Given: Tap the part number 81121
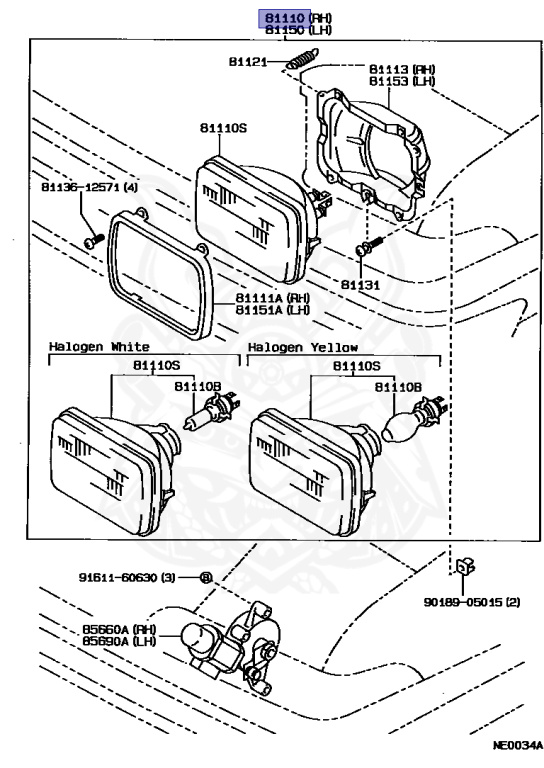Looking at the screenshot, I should pyautogui.click(x=248, y=63).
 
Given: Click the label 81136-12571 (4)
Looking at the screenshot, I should pyautogui.click(x=90, y=187).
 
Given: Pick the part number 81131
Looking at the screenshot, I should pyautogui.click(x=360, y=284).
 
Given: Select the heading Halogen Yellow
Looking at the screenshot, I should pyautogui.click(x=303, y=348).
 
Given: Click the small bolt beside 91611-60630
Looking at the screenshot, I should pyautogui.click(x=205, y=577).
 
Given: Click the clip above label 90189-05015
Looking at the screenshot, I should pyautogui.click(x=464, y=568).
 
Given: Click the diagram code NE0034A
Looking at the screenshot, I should pyautogui.click(x=516, y=745).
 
